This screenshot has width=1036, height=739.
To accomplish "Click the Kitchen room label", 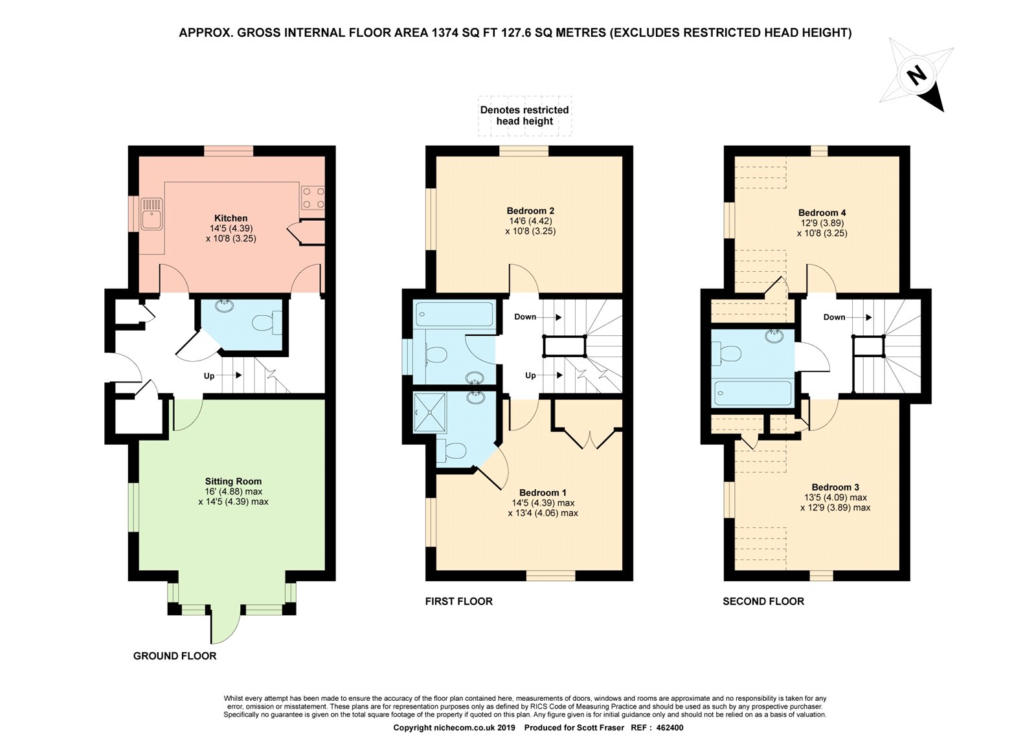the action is [x=231, y=218].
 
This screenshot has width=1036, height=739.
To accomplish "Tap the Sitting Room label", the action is [x=233, y=481].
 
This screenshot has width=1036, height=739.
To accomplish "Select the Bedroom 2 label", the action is [x=530, y=211].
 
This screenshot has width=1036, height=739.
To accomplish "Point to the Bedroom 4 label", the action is [x=822, y=213].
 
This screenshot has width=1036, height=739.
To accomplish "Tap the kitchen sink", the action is [x=152, y=214].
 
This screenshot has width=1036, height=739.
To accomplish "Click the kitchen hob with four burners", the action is [x=313, y=198].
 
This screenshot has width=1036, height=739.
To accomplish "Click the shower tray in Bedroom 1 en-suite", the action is [x=430, y=413].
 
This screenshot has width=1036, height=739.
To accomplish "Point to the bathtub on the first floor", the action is [x=455, y=314].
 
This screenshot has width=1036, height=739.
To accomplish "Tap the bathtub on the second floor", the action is [x=752, y=393].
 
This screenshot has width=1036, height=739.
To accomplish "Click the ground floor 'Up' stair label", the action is [x=209, y=376].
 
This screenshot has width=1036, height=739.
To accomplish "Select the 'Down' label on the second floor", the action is [x=835, y=317].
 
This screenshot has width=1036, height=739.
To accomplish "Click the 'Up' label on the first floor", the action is [x=530, y=375].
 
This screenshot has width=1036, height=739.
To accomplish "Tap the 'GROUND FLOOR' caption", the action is [x=175, y=656].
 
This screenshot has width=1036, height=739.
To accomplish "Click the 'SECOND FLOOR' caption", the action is [x=763, y=601].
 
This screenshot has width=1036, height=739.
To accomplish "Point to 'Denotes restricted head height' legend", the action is [x=524, y=116].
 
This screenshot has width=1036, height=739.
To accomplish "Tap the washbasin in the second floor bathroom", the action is [x=774, y=336].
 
